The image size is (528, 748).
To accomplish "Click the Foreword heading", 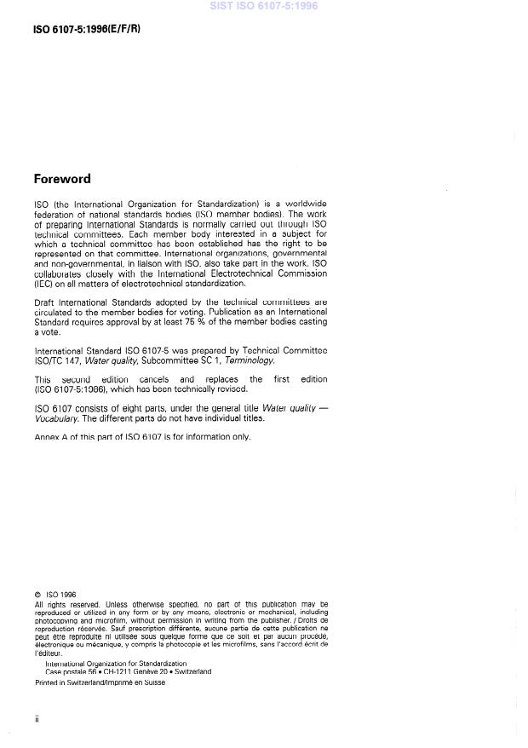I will point(61,179).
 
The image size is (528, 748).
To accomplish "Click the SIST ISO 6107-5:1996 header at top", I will point(263,6).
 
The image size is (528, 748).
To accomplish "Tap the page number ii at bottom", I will point(37,719).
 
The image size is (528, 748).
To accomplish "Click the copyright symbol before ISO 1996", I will point(37,596).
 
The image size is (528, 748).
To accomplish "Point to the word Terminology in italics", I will point(249,361).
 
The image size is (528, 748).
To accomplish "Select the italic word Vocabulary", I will point(59,419).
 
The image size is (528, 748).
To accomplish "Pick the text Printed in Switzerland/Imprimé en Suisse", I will point(100,682).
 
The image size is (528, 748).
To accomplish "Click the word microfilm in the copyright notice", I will point(105,619).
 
